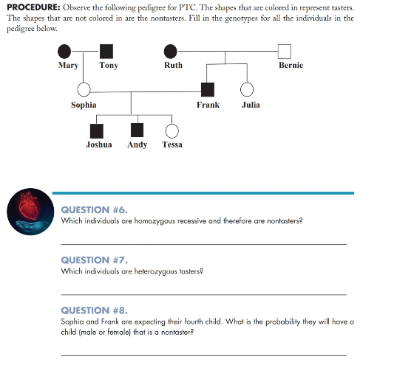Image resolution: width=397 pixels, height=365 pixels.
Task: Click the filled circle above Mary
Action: tap(66, 51)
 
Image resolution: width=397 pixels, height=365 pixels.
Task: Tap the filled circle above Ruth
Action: tap(171, 51)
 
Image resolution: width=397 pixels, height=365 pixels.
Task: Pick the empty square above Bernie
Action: tap(285, 51)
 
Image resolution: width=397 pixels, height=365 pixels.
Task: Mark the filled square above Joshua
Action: tap(96, 131)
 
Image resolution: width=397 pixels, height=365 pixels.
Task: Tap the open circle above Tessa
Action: tap(172, 131)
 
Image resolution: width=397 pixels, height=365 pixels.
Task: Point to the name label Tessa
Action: tap(172, 145)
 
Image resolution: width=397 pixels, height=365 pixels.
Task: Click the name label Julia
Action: tap(251, 105)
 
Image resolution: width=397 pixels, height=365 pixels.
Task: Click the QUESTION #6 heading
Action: tap(94, 209)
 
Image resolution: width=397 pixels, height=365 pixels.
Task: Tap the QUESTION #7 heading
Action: tap(94, 260)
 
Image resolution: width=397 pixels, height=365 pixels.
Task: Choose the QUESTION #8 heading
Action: tap(94, 310)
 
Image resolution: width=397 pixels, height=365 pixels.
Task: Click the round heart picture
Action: tap(27, 212)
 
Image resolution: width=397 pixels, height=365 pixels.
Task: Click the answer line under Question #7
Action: tap(203, 293)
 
